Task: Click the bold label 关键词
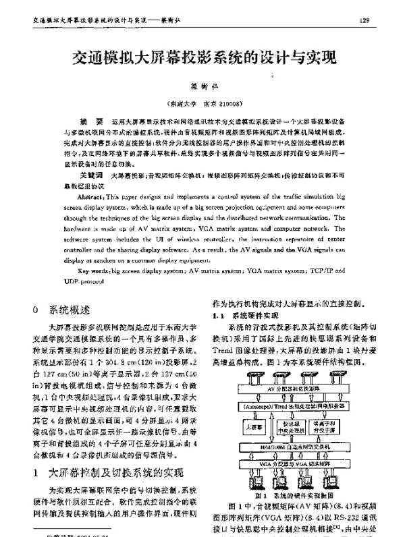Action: click(x=90, y=175)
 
